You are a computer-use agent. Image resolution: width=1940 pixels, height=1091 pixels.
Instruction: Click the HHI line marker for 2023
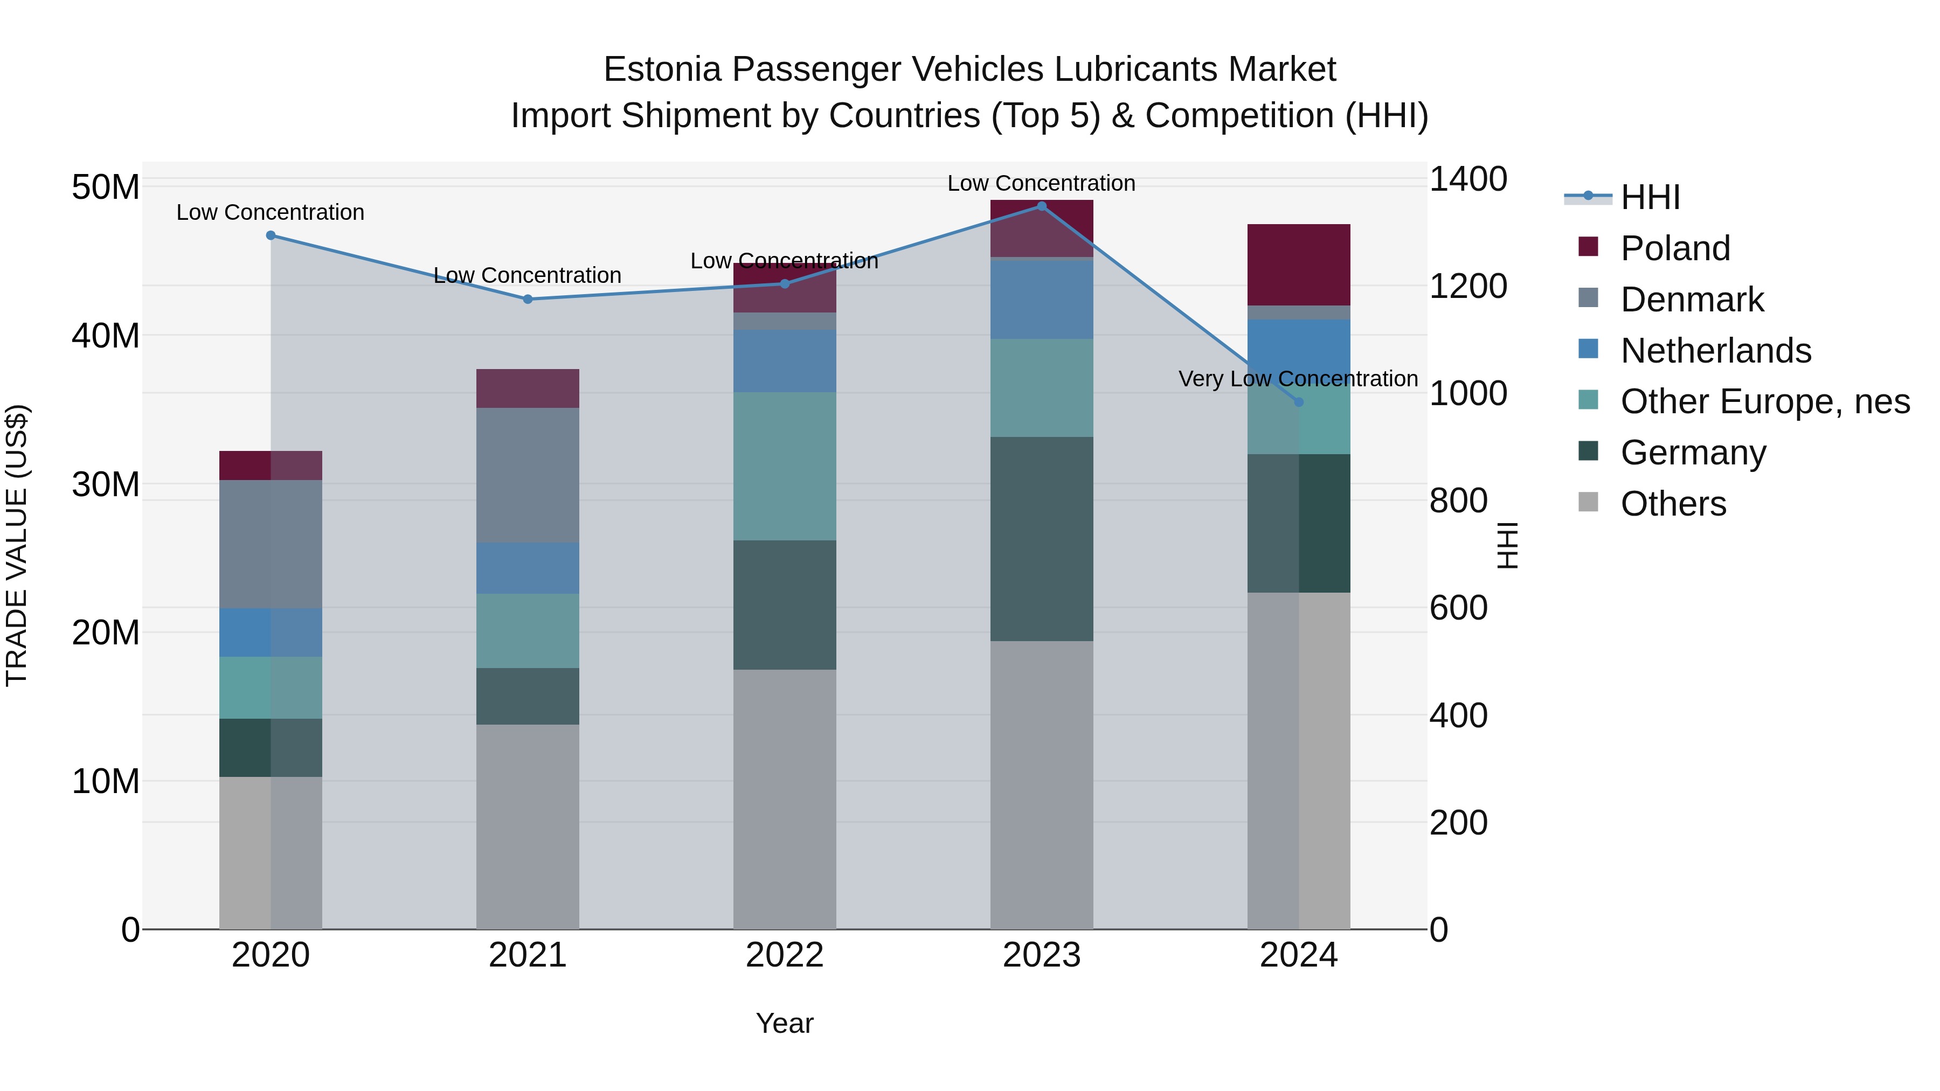click(x=1042, y=206)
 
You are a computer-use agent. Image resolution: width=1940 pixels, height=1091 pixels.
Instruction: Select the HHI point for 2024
click(x=1298, y=402)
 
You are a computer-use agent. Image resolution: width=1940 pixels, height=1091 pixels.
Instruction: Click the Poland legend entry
click(x=1675, y=248)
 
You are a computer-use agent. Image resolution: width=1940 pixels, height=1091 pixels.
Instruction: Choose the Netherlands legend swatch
click(x=1588, y=349)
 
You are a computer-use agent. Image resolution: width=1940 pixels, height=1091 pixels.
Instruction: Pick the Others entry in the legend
click(x=1673, y=504)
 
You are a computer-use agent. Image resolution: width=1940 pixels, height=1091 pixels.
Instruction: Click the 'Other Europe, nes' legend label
click(x=1764, y=401)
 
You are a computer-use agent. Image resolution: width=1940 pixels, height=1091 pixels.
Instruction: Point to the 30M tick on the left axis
click(x=106, y=484)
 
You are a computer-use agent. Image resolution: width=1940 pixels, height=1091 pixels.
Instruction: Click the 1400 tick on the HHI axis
click(x=1468, y=179)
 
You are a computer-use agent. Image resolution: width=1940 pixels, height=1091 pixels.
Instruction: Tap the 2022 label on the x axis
click(x=784, y=955)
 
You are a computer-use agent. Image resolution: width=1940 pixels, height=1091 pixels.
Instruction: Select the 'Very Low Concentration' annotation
click(x=1298, y=379)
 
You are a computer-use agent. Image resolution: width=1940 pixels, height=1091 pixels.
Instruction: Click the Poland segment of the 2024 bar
click(x=1298, y=265)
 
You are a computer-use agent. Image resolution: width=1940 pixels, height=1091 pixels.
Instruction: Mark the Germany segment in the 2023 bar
click(x=1042, y=539)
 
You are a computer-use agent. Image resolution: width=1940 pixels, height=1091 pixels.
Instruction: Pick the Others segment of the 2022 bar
click(x=784, y=799)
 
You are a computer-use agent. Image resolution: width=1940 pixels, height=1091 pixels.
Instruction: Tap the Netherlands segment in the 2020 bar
click(x=271, y=633)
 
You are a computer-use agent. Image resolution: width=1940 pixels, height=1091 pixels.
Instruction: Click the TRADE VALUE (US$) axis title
click(x=17, y=545)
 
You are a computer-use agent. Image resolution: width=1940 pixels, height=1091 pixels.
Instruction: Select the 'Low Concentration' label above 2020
click(x=271, y=212)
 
